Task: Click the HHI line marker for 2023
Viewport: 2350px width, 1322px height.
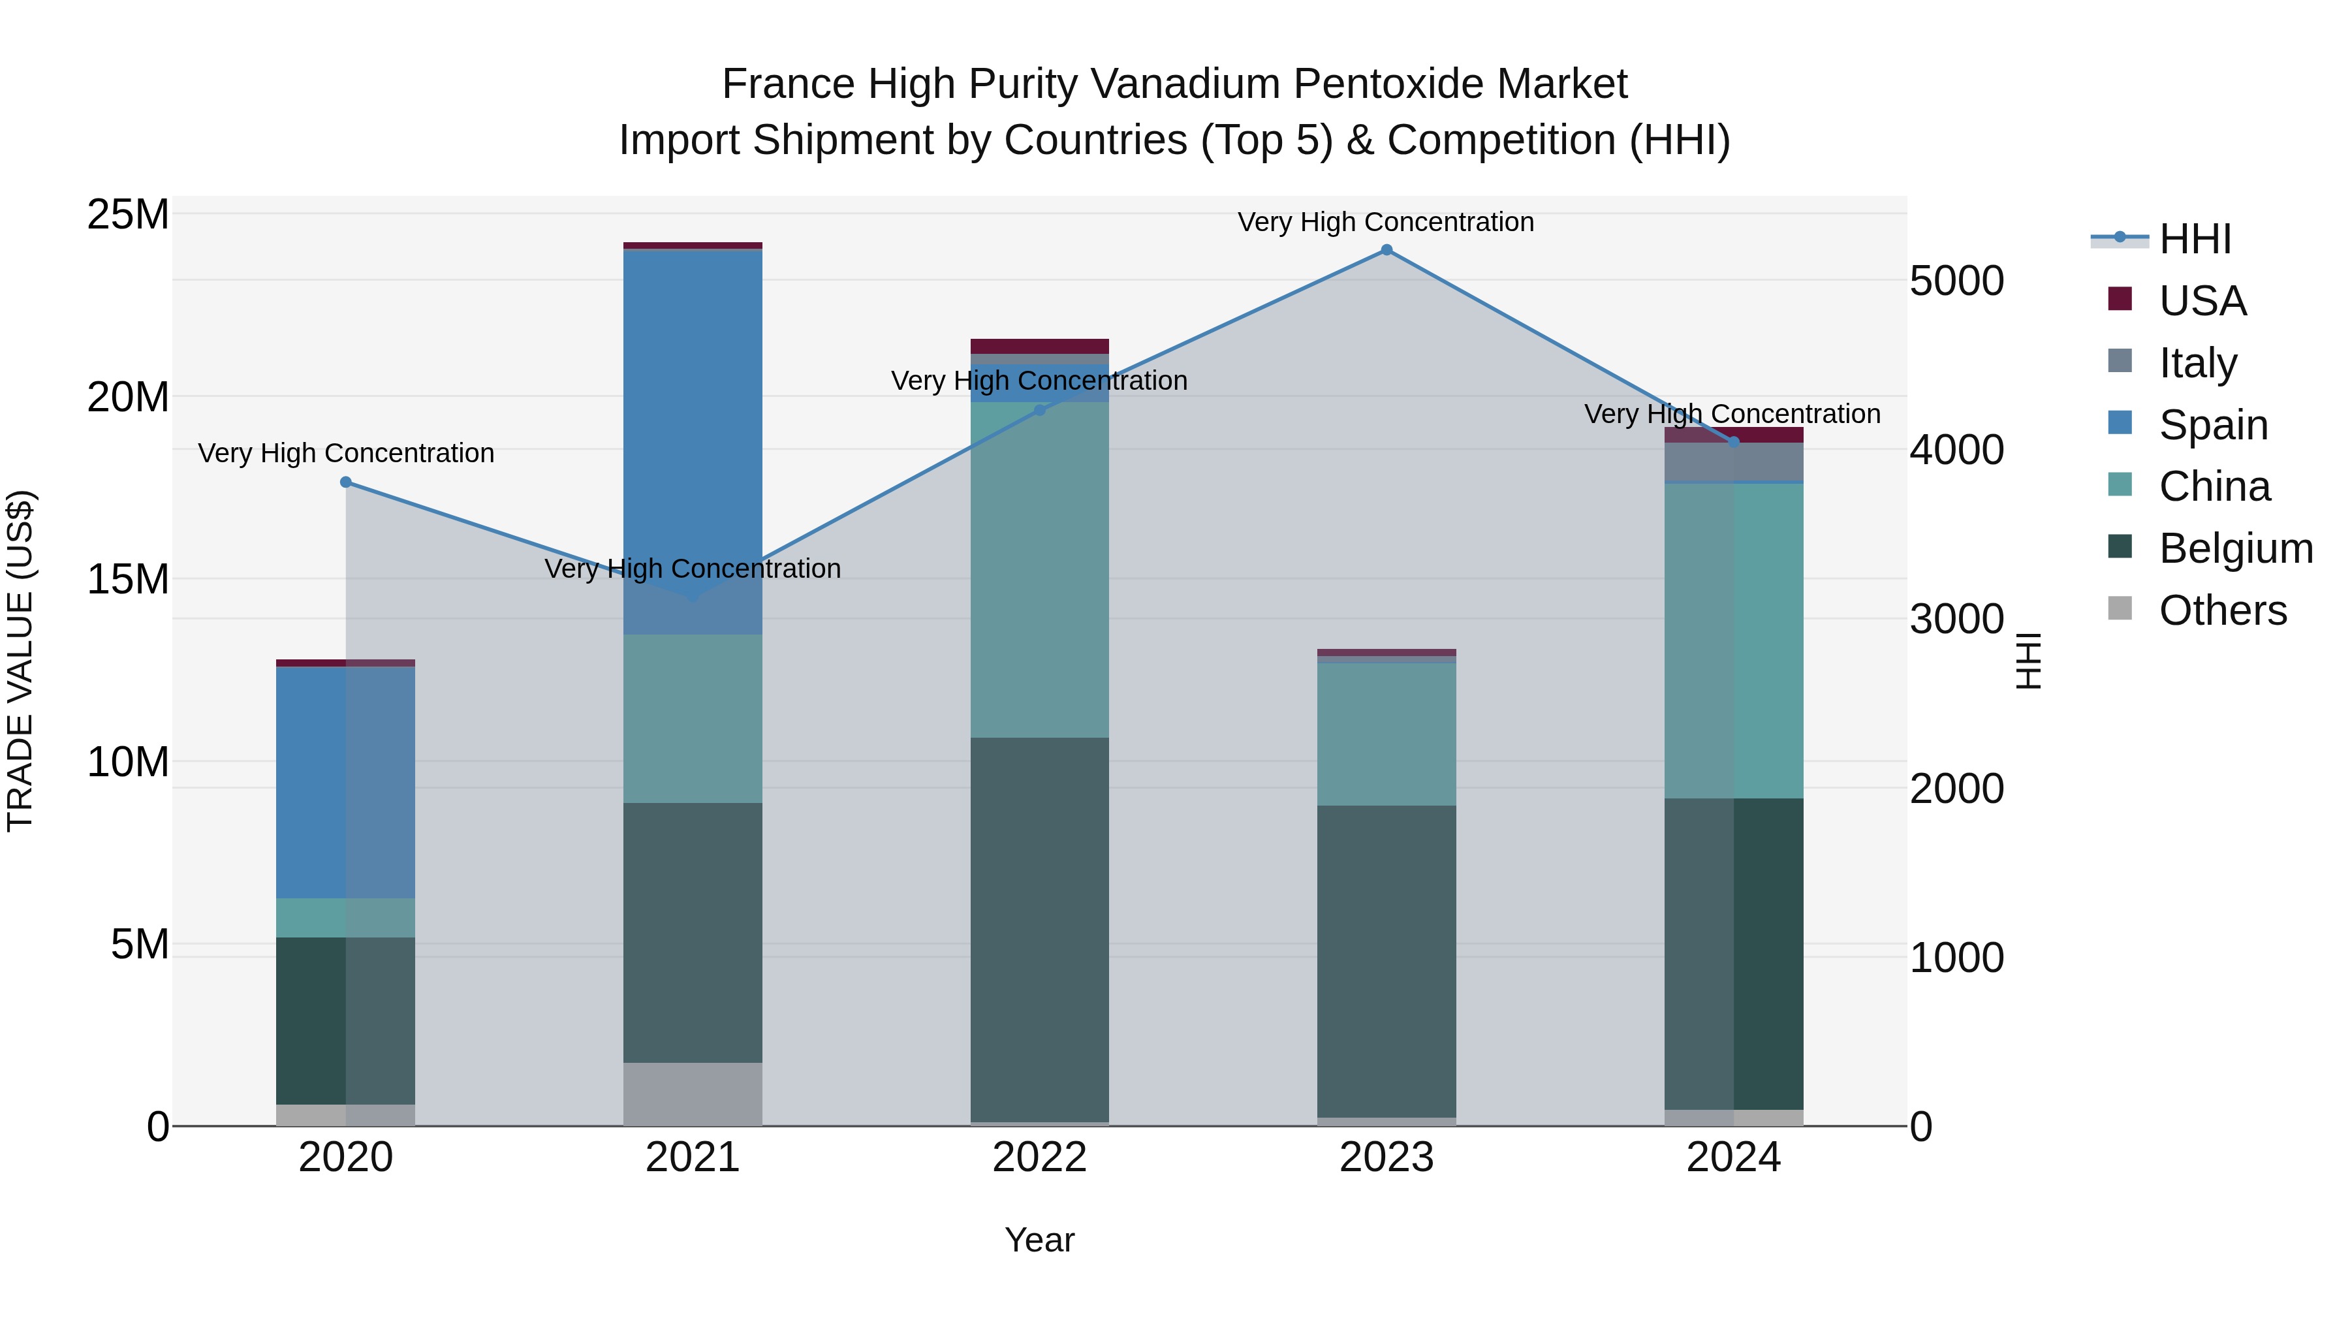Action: (x=1386, y=250)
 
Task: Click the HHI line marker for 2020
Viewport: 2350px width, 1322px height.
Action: (x=346, y=482)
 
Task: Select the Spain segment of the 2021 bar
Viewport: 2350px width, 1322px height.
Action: (x=693, y=438)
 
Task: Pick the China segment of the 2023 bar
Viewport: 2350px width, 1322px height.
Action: (x=1386, y=734)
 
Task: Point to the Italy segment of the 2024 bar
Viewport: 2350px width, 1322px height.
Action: (x=1733, y=462)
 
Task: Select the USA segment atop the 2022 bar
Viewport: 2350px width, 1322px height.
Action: (x=1039, y=346)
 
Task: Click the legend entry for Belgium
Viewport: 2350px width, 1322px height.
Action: (x=2235, y=548)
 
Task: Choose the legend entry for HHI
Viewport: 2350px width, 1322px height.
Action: (x=2195, y=239)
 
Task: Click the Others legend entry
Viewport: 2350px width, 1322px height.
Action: (x=2222, y=610)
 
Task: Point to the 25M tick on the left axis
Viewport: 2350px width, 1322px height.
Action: (x=128, y=215)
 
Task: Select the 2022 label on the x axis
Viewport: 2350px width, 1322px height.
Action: (x=1039, y=1157)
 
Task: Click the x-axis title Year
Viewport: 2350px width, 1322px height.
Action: (x=1039, y=1240)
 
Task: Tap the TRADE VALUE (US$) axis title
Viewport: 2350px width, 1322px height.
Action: (x=20, y=661)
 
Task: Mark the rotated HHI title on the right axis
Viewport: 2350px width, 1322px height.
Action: (x=2027, y=661)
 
